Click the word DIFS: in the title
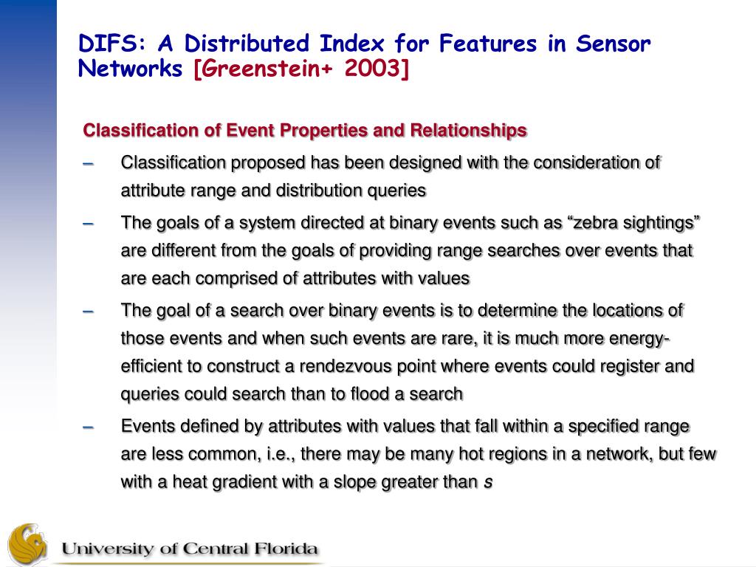click(x=111, y=44)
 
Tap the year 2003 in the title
click(x=373, y=68)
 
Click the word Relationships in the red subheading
click(x=468, y=131)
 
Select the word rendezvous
click(x=346, y=366)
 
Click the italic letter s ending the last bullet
click(x=488, y=482)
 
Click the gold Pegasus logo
click(x=27, y=544)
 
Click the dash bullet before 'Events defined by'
click(x=88, y=427)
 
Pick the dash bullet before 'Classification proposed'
click(x=88, y=164)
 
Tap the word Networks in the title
click(x=130, y=69)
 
